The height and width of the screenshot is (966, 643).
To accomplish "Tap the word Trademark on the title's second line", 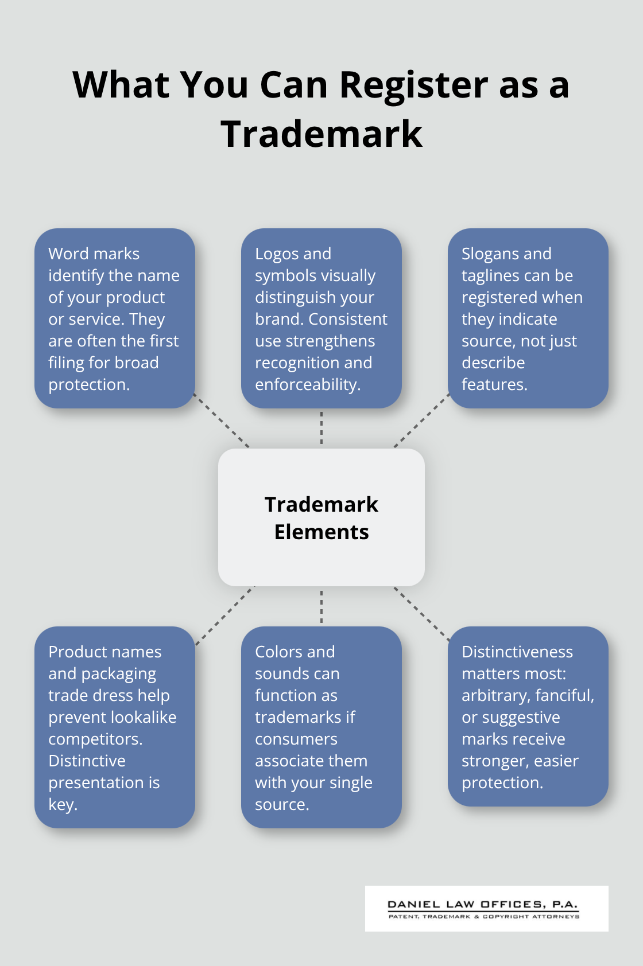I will point(321,134).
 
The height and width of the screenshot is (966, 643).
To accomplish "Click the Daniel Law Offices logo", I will point(486,909).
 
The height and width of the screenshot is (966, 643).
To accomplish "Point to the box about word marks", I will point(115,318).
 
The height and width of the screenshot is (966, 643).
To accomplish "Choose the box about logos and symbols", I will point(321,318).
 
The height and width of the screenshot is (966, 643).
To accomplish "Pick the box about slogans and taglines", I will point(528,318).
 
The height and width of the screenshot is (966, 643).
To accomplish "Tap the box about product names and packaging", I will point(115,727).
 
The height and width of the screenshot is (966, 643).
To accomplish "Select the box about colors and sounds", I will point(321,727).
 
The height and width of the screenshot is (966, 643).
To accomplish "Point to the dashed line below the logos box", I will point(321,428).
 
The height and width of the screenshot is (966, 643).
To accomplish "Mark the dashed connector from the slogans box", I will point(421,421).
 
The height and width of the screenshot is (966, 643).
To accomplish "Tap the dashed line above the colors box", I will point(321,606).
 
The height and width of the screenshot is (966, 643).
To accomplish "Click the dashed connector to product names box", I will point(224,615).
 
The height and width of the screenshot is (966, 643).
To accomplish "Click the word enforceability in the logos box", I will point(307,384).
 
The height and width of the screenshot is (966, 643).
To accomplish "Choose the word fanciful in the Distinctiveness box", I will point(564,695).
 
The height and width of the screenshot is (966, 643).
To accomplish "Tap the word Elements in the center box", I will point(321,532).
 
